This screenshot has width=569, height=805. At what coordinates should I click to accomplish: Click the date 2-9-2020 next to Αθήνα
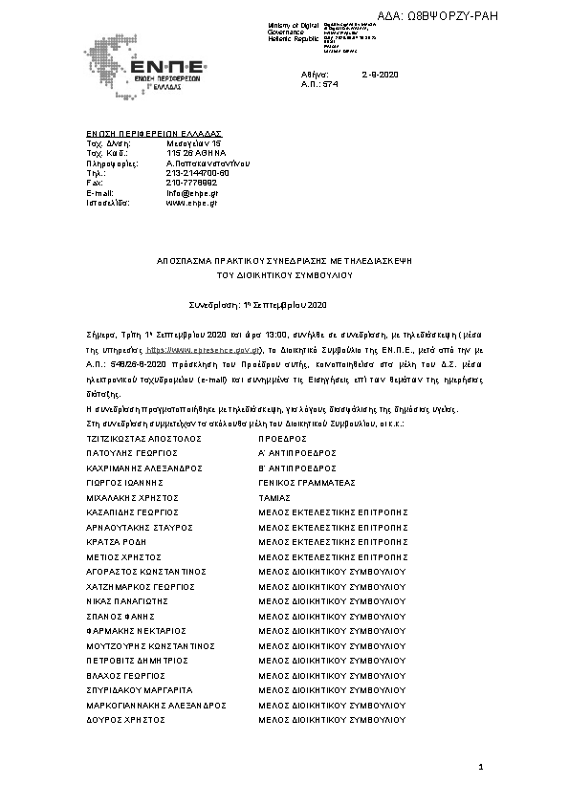point(380,74)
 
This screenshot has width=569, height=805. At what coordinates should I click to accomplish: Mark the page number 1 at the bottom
point(481,768)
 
